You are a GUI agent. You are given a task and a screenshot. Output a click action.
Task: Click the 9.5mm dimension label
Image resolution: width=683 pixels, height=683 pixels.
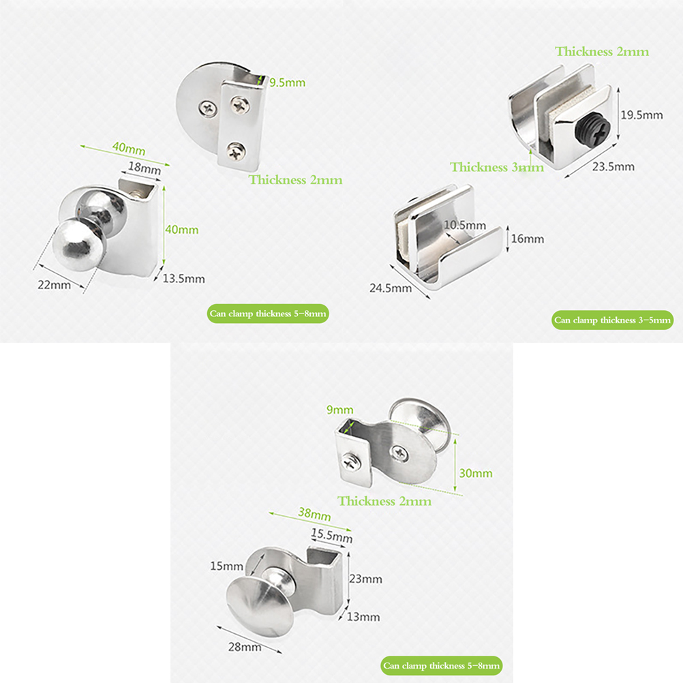click(287, 82)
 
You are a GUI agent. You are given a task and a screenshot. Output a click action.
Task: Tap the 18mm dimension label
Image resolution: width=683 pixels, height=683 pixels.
click(145, 168)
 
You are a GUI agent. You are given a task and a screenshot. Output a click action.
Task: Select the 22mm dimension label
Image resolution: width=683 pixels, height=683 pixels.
click(54, 285)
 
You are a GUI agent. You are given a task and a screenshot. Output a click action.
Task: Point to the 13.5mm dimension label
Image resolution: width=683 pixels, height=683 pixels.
click(183, 279)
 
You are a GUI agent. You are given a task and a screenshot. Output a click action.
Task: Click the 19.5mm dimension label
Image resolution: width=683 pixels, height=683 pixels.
click(641, 115)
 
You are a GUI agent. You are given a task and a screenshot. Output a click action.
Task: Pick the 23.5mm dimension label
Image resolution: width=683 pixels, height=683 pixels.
click(613, 166)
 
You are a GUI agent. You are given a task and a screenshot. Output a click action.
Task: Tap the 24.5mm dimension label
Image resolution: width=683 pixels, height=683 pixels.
click(391, 288)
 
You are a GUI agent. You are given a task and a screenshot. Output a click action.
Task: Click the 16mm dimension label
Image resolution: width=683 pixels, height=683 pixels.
click(528, 239)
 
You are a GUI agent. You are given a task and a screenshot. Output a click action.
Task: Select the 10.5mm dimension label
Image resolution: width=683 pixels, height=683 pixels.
click(465, 225)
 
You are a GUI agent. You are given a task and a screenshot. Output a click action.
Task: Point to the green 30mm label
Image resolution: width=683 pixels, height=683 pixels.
click(476, 473)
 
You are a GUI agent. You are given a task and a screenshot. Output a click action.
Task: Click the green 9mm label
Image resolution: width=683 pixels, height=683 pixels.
click(339, 410)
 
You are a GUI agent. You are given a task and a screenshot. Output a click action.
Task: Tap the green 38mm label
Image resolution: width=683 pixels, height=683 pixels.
click(314, 514)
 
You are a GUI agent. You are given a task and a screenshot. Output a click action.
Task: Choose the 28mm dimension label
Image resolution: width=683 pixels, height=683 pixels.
click(245, 647)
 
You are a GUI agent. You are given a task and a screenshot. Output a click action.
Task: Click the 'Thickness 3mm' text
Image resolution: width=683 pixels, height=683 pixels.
click(496, 167)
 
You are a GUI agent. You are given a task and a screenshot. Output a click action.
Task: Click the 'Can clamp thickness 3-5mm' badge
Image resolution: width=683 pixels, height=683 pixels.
click(612, 320)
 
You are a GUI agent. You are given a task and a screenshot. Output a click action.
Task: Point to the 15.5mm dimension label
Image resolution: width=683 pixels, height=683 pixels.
click(331, 535)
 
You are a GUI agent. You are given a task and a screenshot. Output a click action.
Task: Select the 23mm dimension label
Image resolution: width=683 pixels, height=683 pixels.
click(365, 579)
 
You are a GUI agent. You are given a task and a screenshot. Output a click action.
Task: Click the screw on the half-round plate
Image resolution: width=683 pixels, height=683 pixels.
click(208, 108)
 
